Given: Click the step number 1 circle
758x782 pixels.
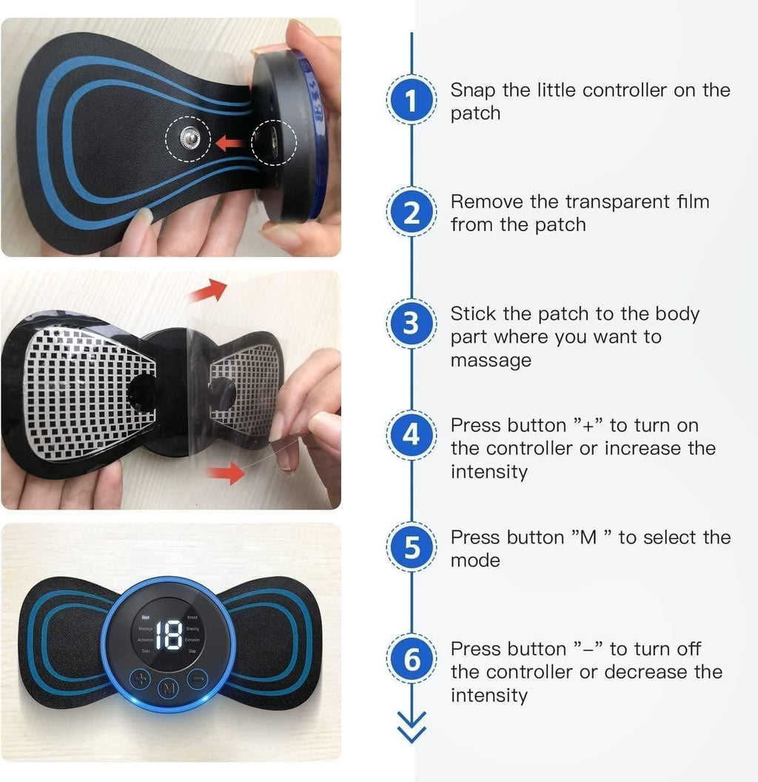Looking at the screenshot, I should click(x=412, y=101).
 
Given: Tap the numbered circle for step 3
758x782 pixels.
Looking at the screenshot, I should click(x=412, y=324).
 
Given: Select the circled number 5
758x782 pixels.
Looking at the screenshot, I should click(x=412, y=548).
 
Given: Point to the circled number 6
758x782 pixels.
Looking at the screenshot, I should click(x=412, y=660).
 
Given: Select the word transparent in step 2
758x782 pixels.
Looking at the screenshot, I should click(x=600, y=201).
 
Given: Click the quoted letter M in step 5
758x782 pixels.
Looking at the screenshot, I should click(x=588, y=537).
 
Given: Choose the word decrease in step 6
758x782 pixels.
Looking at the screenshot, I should click(x=643, y=672).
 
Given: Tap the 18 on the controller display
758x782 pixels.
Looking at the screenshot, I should click(x=168, y=635).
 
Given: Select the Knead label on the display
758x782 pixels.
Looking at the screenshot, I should click(x=193, y=617).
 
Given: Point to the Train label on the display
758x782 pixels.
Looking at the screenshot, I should click(x=146, y=650).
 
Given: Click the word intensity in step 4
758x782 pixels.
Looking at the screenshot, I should click(x=489, y=472).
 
